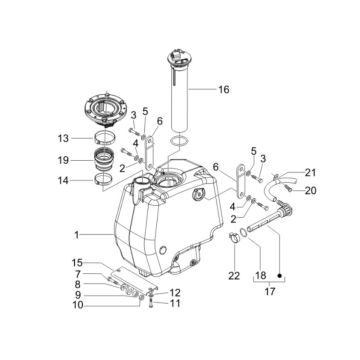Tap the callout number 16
pyautogui.click(x=222, y=89)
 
